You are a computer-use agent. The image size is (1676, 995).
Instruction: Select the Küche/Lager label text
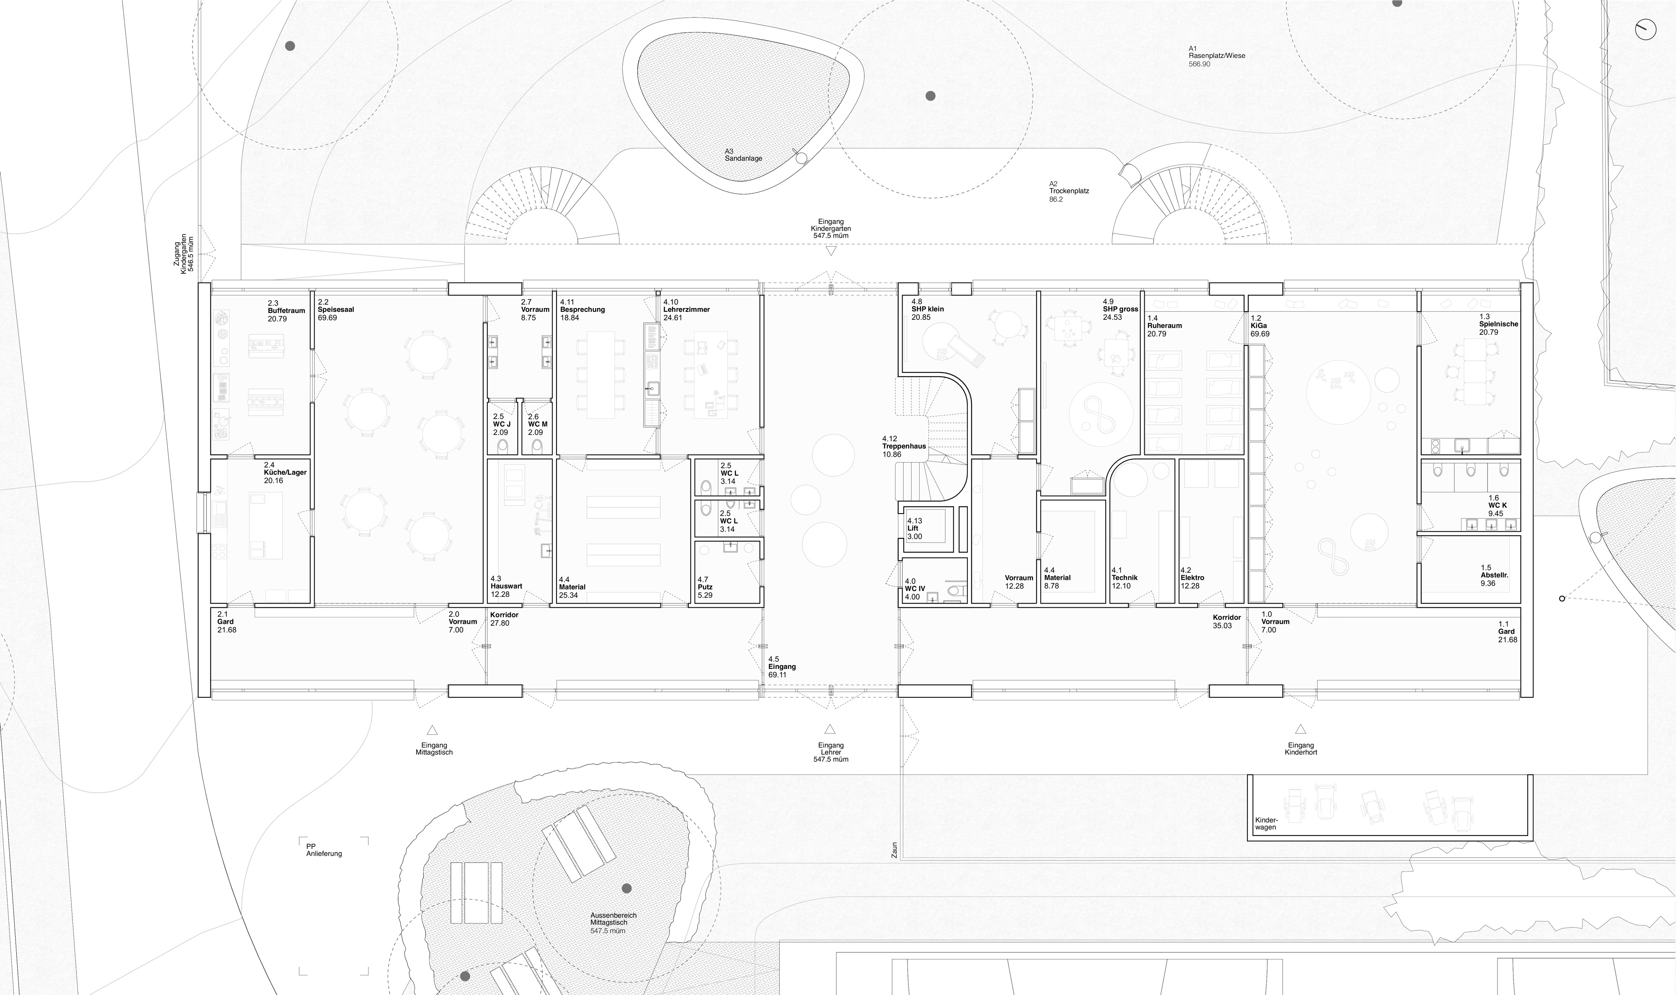point(285,472)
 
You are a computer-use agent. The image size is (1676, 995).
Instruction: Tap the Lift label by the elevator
point(913,528)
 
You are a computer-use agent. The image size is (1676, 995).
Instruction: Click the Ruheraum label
point(1165,325)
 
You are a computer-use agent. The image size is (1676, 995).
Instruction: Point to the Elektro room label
point(1192,577)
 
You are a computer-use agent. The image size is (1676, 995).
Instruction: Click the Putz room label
point(705,587)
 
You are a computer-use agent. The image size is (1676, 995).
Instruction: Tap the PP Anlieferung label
point(324,849)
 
